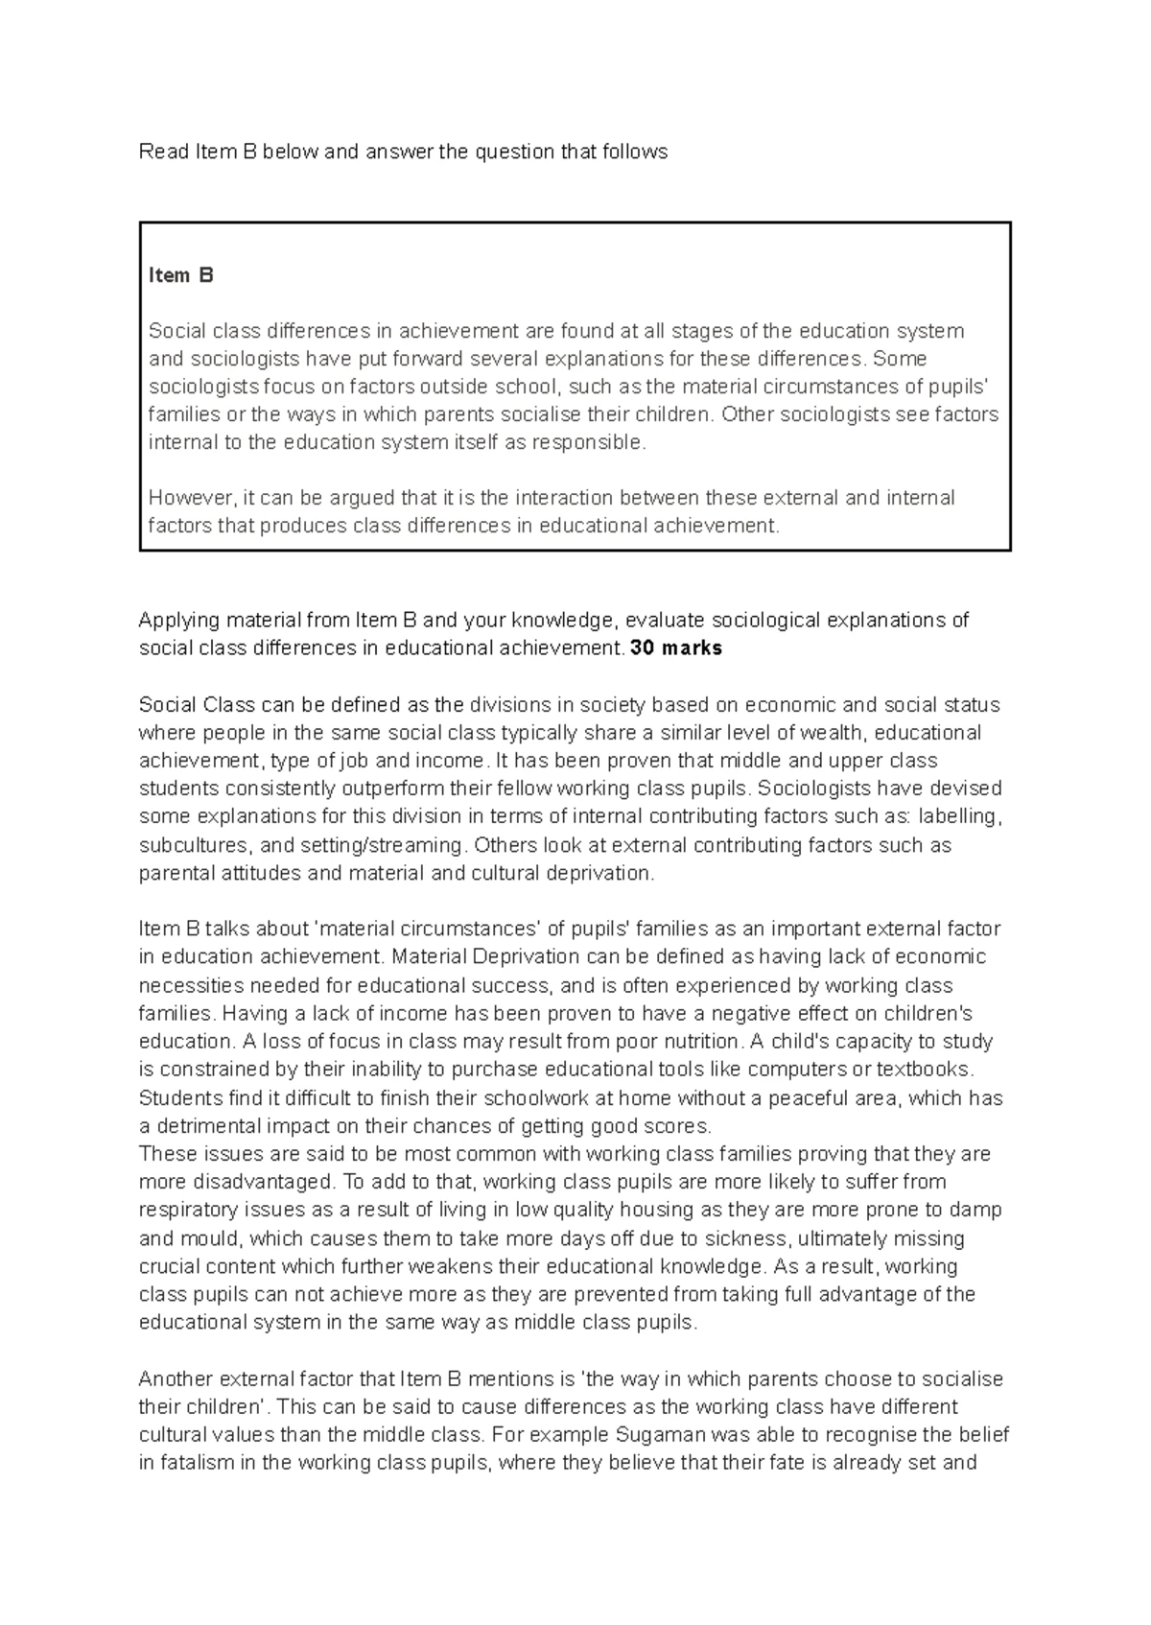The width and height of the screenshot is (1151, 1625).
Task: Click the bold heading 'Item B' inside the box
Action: point(180,275)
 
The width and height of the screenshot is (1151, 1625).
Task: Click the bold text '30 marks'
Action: point(675,648)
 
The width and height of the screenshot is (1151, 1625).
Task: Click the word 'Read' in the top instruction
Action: point(163,152)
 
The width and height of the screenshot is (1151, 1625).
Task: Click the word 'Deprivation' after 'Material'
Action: point(527,957)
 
